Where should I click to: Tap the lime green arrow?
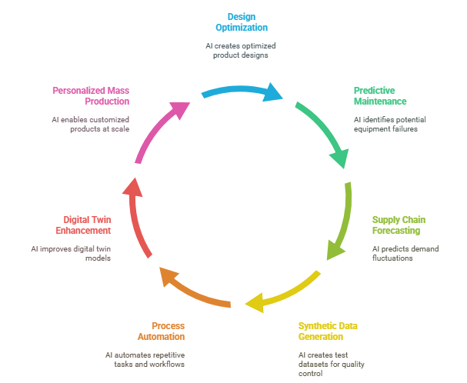pos(344,219)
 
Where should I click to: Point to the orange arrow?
pos(192,290)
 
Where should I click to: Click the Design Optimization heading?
pos(241,22)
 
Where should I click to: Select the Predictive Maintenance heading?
pos(379,96)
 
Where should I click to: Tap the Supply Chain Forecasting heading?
pos(399,225)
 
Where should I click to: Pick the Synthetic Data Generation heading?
pos(328,331)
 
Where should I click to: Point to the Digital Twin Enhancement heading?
pos(82,225)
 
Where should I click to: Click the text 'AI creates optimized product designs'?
pos(241,51)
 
